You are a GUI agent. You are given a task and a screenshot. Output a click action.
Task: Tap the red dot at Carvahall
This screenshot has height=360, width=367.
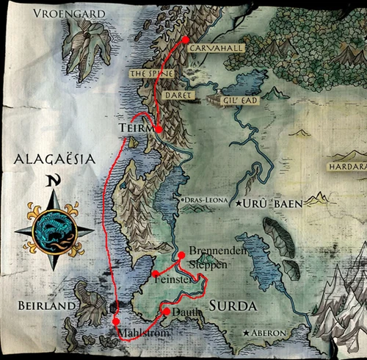186,40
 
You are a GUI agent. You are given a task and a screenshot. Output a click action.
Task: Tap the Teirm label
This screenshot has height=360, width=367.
134,128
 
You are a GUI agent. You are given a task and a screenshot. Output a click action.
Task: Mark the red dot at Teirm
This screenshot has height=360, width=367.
158,129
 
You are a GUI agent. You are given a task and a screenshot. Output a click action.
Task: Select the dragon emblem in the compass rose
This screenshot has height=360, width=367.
53,231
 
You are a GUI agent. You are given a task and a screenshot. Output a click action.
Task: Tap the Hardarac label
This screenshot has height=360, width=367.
350,167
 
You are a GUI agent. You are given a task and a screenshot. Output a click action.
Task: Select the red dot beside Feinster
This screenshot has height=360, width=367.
156,273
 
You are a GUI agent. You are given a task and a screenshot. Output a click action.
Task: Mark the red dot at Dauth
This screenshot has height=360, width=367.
166,312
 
